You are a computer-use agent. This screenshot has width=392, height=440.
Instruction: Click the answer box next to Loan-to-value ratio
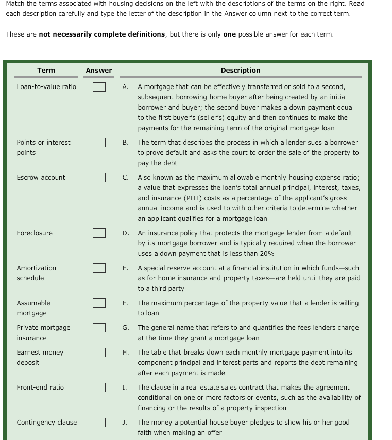tap(99, 87)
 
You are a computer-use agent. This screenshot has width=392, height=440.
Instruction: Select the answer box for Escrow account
tap(99, 178)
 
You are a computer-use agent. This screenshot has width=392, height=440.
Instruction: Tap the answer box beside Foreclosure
tap(99, 233)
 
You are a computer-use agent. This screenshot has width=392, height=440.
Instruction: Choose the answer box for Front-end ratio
tap(99, 388)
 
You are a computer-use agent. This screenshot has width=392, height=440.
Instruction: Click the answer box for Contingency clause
tap(99, 423)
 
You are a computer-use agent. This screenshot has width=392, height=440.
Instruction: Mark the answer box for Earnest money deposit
tap(99, 353)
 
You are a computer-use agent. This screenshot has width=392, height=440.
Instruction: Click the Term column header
tap(46, 71)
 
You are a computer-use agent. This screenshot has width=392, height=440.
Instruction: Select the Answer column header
tap(99, 71)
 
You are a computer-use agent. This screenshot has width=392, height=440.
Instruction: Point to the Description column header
tap(240, 71)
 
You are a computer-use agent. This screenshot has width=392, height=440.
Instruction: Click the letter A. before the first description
tap(126, 87)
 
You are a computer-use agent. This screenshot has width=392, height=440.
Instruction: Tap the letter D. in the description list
tap(126, 233)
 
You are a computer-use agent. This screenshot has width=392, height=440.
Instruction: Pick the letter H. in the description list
tap(126, 353)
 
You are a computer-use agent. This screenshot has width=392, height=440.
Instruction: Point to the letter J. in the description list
tap(125, 423)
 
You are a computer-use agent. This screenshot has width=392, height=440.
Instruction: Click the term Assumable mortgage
tap(33, 308)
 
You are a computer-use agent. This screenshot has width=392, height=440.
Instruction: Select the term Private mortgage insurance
tap(43, 332)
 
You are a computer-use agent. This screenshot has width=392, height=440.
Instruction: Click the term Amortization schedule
tap(36, 273)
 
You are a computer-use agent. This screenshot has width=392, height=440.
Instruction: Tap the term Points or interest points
tap(43, 147)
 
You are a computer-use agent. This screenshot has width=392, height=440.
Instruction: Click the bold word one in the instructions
tap(230, 34)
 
